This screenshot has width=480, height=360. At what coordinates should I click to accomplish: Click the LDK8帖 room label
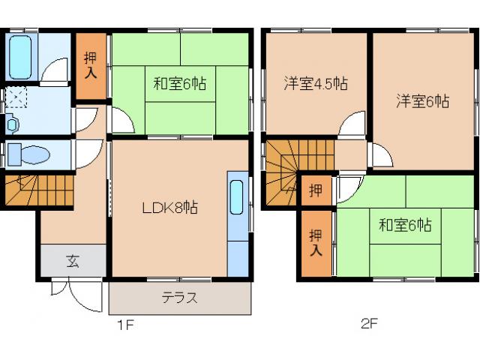pyautogui.click(x=170, y=208)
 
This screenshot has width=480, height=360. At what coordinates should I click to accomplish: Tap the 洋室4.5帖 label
pyautogui.click(x=315, y=82)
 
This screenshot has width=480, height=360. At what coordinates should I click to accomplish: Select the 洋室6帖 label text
pyautogui.click(x=423, y=101)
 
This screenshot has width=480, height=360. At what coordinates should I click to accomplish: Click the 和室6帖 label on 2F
pyautogui.click(x=404, y=224)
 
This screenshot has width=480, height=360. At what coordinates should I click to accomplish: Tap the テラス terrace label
pyautogui.click(x=180, y=298)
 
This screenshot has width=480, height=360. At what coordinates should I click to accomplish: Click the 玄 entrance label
pyautogui.click(x=72, y=262)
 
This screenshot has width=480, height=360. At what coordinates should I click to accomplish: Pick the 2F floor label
pyautogui.click(x=369, y=325)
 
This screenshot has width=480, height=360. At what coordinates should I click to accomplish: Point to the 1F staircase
pyautogui.click(x=37, y=189)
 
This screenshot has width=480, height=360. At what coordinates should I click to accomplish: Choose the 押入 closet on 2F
pyautogui.click(x=316, y=243)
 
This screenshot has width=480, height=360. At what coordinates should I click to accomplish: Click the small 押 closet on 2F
pyautogui.click(x=316, y=190)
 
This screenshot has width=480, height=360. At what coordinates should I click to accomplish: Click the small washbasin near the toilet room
pyautogui.click(x=13, y=124)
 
